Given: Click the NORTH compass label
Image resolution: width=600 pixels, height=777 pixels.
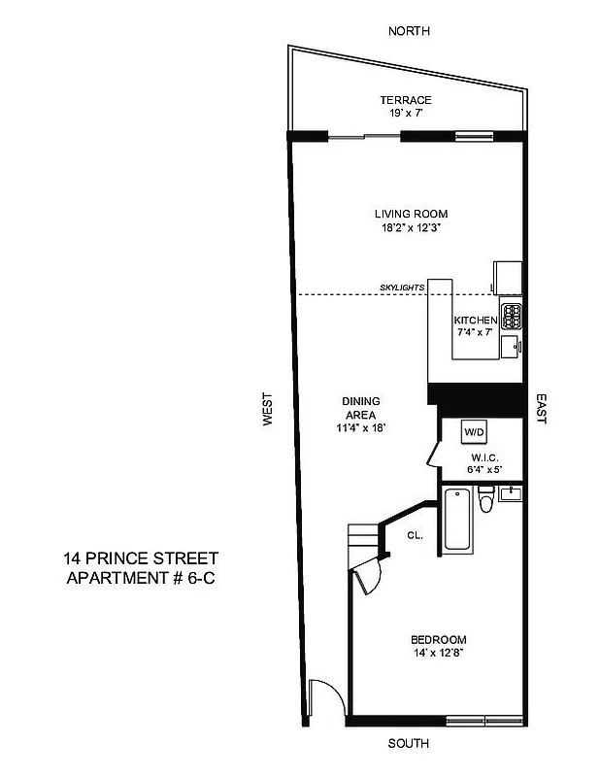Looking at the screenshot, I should click(409, 31).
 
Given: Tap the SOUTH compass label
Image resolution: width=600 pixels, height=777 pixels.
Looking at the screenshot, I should click(409, 745).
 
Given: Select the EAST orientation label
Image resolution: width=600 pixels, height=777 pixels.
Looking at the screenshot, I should click(542, 409).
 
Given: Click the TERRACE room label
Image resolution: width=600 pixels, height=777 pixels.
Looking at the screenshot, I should click(406, 100).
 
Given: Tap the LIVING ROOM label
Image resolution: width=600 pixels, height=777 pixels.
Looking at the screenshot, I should click(412, 214).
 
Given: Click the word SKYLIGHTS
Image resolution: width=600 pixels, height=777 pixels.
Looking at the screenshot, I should click(403, 287).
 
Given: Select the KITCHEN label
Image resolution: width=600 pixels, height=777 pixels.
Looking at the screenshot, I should click(476, 320).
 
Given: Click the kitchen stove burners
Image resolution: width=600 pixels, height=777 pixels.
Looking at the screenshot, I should click(512, 316).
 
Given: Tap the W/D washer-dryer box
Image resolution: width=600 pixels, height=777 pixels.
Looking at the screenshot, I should click(474, 431).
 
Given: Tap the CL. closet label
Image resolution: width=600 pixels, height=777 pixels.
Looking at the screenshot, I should click(415, 534).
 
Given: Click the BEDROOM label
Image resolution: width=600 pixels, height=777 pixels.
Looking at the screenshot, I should click(439, 639).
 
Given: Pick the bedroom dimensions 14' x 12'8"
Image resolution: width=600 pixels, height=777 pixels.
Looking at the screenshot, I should click(439, 654).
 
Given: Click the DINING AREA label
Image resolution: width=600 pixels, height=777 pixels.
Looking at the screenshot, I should click(360, 408).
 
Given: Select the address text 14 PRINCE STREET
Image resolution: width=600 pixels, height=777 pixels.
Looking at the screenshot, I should click(141, 558).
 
